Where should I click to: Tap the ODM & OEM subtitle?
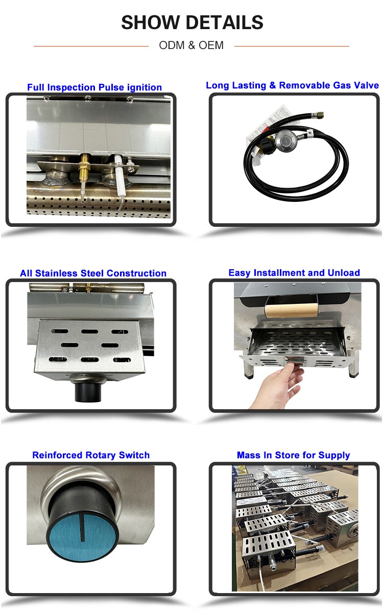point(191,45)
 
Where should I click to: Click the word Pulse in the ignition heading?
point(111,87)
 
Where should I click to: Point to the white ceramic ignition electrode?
point(118,175)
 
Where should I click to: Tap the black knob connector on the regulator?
point(268,144)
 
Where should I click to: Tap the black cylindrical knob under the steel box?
point(88,392)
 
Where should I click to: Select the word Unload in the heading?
point(344,273)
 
